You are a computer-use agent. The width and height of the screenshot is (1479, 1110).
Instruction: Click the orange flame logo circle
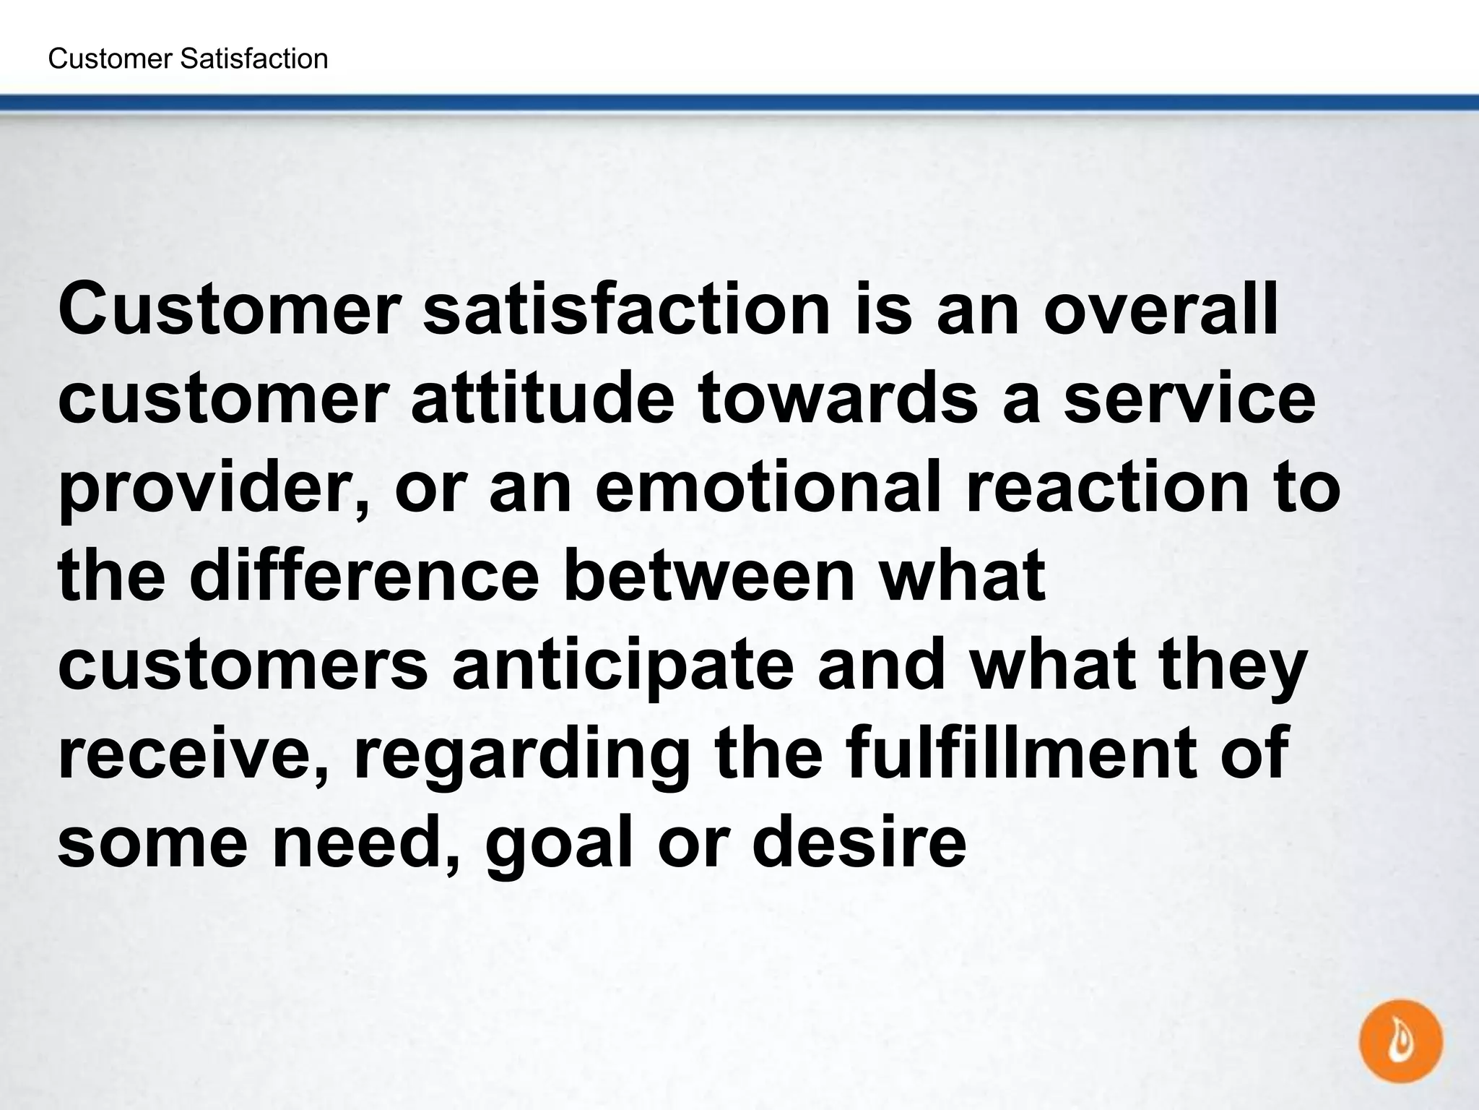pos(1400,1041)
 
